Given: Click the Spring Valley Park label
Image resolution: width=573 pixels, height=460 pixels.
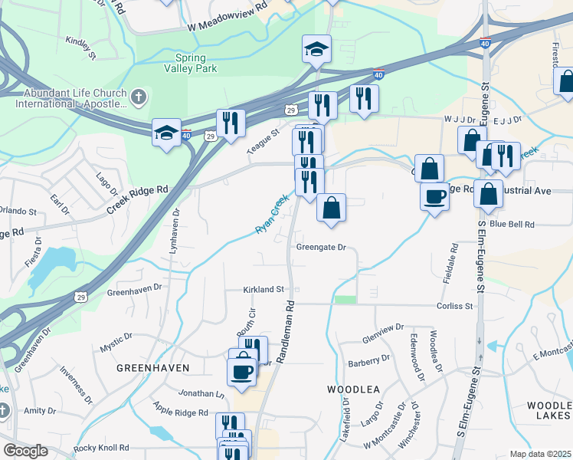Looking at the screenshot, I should tap(196, 63).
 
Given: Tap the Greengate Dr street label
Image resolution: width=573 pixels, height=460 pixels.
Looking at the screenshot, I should tap(322, 248).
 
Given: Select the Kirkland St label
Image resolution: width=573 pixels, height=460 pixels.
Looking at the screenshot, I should tap(264, 290).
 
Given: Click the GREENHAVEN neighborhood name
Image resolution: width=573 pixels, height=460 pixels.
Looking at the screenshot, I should tap(153, 368).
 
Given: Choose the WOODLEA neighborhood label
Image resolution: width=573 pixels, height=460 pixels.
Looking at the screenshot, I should tap(354, 389).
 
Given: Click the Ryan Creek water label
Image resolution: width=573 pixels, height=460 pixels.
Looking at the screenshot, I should tap(271, 214).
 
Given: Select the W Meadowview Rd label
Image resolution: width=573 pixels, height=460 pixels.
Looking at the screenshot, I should tap(228, 26).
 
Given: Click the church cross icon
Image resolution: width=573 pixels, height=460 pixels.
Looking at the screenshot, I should tap(138, 97).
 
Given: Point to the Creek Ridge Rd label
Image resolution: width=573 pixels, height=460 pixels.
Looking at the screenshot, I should tap(137, 199).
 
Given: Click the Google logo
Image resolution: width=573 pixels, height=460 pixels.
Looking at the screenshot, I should tap(25, 451).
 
